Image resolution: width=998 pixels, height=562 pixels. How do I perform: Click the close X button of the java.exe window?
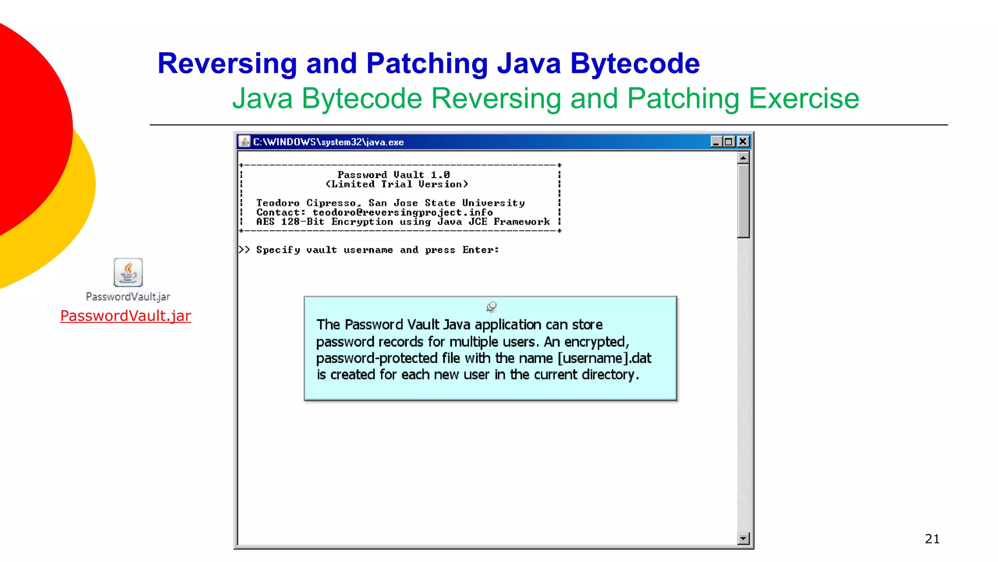[x=743, y=142]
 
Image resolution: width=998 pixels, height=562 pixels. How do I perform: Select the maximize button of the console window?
[x=729, y=142]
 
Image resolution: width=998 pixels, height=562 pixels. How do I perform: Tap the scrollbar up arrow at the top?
[x=743, y=158]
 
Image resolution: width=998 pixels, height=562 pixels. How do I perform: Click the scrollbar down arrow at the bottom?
[x=743, y=539]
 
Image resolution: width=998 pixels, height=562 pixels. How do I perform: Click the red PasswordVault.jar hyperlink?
[x=125, y=316]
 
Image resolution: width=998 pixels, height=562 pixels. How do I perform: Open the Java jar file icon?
[x=128, y=272]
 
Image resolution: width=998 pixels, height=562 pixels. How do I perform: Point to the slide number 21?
[x=932, y=539]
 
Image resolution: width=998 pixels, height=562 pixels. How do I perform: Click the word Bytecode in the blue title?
[x=634, y=63]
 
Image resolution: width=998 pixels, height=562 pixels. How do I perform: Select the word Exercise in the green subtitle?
[x=804, y=99]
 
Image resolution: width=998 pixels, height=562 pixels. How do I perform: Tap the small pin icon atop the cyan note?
[x=491, y=306]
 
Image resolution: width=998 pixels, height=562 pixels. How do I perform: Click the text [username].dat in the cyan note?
[x=604, y=358]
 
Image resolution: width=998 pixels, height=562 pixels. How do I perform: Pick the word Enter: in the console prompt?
[x=480, y=250]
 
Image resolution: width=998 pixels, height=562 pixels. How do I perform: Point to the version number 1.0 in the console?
[x=440, y=175]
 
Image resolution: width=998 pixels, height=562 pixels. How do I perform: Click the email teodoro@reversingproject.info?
[x=403, y=213]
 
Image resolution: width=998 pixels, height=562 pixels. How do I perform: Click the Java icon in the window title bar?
[x=245, y=142]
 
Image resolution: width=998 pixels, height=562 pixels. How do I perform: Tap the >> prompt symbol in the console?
[x=244, y=250]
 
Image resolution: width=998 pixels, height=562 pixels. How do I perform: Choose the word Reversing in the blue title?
[x=227, y=63]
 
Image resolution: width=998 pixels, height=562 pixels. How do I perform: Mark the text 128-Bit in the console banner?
[x=302, y=222]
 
